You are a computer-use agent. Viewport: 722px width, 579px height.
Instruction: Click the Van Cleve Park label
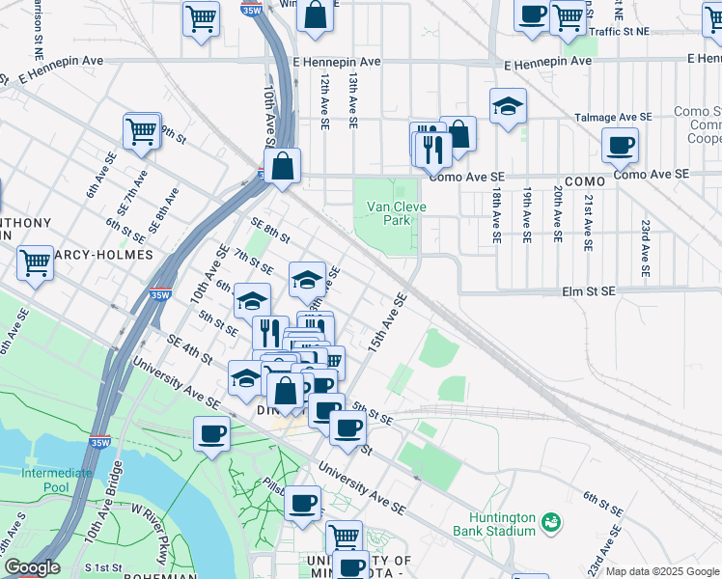click(389, 213)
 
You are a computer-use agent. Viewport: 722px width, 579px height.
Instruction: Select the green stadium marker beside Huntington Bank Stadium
click(551, 523)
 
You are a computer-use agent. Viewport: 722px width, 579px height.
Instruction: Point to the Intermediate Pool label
click(57, 480)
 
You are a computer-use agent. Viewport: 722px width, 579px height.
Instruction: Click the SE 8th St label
click(270, 231)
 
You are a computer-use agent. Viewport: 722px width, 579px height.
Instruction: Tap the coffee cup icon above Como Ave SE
click(619, 146)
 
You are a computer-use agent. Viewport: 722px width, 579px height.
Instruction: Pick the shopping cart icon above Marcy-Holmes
click(35, 261)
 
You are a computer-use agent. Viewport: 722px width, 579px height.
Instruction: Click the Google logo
click(31, 567)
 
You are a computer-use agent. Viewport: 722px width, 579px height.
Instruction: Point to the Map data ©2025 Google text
click(662, 571)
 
